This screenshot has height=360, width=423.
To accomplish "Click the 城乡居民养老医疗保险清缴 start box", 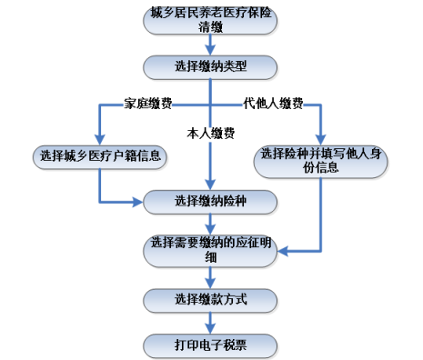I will click(210, 21).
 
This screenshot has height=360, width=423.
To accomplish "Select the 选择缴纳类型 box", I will click(210, 66).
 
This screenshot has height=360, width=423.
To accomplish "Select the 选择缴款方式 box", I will click(210, 299).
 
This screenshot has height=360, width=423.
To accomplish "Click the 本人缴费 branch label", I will click(211, 135).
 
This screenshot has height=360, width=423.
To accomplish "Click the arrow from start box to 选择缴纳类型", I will click(210, 45).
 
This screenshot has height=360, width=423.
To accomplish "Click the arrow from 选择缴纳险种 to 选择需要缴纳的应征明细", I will click(210, 224).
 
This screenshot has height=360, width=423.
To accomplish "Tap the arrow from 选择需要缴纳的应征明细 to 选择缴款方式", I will click(210, 278).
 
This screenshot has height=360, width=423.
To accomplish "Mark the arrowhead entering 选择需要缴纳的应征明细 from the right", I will click(280, 247).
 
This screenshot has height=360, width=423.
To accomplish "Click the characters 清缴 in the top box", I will click(210, 27).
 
